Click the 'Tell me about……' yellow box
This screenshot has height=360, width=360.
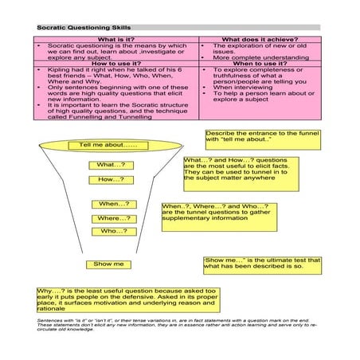[109, 146]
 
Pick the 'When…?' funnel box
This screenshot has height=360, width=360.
[114, 204]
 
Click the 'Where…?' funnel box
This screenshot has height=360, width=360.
[114, 217]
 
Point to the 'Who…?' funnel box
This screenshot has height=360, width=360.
[114, 231]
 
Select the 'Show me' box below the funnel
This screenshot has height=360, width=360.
[108, 264]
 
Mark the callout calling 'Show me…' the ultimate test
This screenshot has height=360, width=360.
[262, 263]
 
